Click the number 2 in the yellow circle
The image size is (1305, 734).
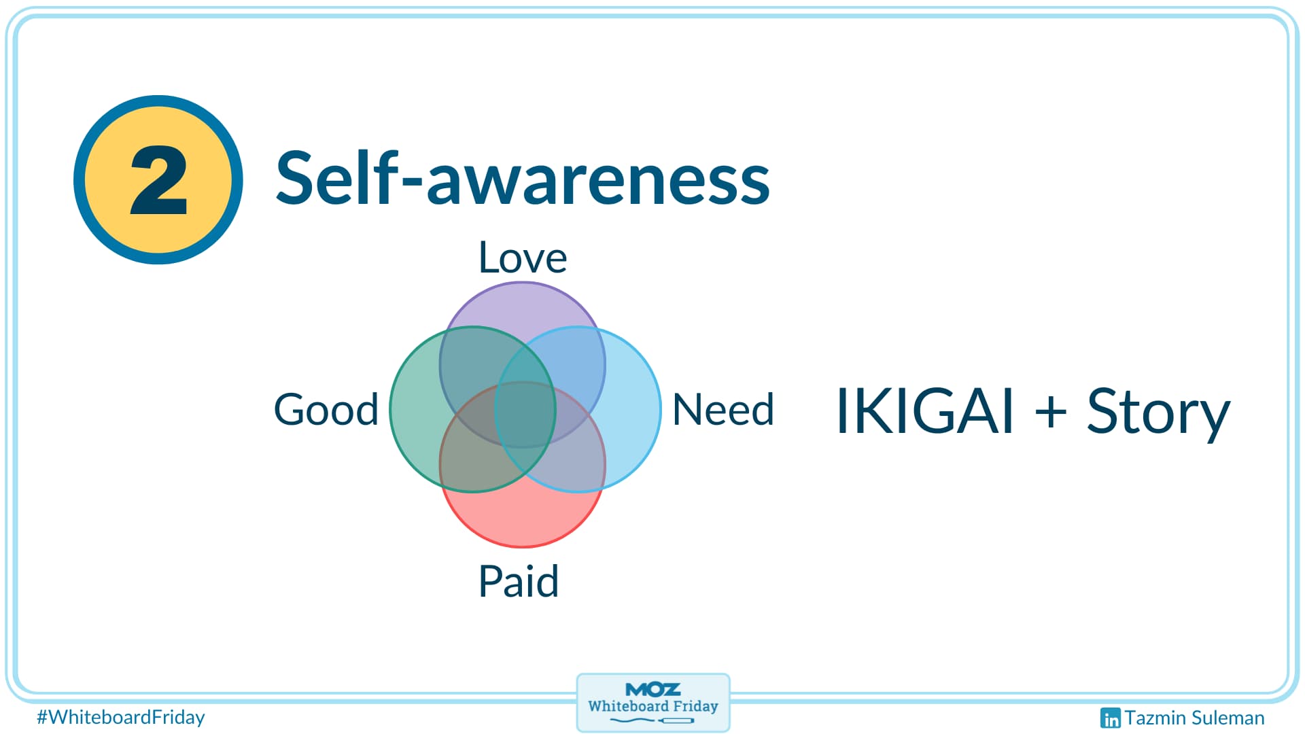[158, 180]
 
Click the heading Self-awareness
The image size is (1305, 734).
[522, 179]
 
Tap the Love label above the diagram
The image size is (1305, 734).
[522, 258]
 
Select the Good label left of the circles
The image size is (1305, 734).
[326, 410]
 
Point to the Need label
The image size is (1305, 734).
[723, 410]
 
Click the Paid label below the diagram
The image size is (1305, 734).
[519, 582]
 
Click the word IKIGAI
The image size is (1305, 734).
[924, 411]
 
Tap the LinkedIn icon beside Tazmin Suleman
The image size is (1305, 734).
[1109, 718]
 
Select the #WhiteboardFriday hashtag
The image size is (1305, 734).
[121, 717]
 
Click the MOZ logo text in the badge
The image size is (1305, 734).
[652, 690]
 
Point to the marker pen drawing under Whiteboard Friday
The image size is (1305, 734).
[652, 720]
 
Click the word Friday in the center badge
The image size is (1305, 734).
[695, 706]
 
